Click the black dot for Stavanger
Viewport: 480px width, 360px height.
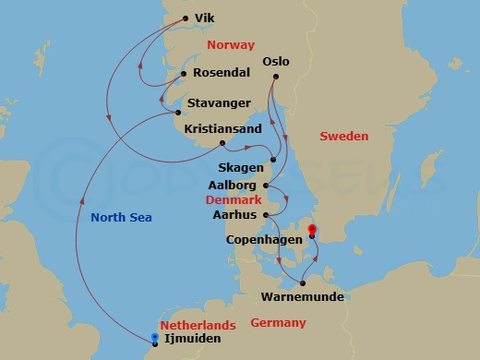[x=179, y=114]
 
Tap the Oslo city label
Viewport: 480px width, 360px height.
[x=276, y=62]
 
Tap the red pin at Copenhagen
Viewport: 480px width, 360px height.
[x=312, y=230]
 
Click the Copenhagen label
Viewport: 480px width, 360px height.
[x=264, y=238]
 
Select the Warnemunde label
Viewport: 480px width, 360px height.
[x=302, y=296]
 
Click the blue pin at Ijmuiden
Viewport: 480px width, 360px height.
[x=155, y=337]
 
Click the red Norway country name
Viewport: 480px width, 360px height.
[x=230, y=43]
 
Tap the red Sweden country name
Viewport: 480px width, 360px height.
[x=343, y=136]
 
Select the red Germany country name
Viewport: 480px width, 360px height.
[x=278, y=322]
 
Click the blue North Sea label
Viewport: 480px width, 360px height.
[x=121, y=217]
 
